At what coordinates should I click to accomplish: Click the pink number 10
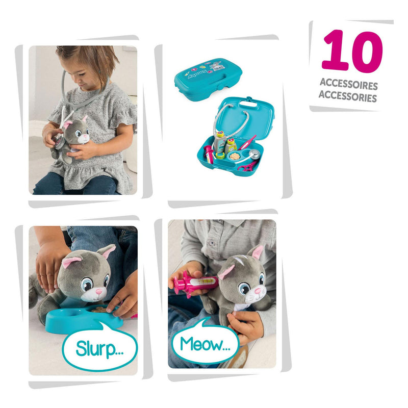[x=352, y=52]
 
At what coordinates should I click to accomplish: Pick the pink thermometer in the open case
[x=248, y=142]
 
